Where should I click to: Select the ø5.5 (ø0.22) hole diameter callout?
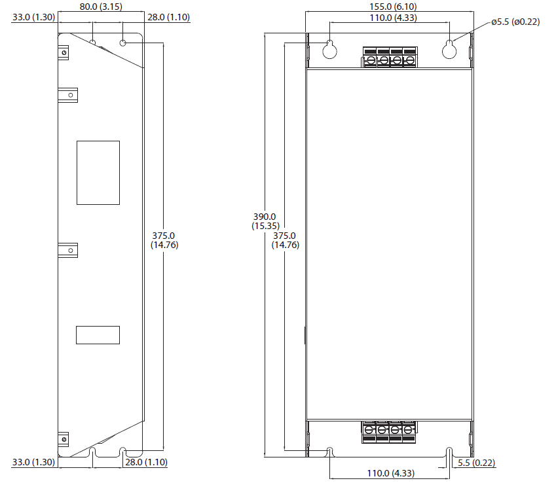[516, 22]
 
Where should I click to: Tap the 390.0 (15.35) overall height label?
[265, 221]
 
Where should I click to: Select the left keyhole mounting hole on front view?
[330, 49]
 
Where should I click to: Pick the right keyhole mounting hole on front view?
[449, 49]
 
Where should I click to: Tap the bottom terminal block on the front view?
[389, 430]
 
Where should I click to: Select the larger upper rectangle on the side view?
[98, 172]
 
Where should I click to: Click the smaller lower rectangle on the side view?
[98, 334]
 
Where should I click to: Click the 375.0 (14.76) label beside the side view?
[164, 240]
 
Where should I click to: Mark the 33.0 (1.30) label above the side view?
[33, 18]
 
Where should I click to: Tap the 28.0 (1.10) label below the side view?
[145, 462]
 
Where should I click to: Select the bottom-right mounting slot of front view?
[449, 452]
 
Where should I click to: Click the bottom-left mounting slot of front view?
[330, 452]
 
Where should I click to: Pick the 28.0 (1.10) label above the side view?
[168, 18]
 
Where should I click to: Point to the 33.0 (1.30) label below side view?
[33, 462]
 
